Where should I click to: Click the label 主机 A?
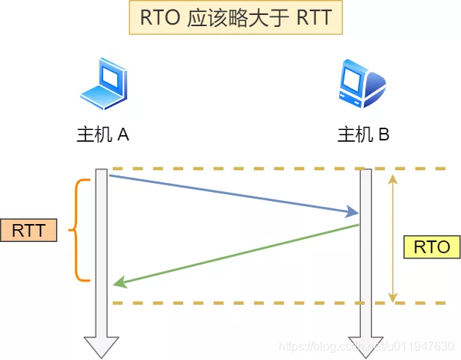pos(103,135)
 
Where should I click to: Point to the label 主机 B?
pos(363,135)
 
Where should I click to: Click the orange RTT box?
pos(28,230)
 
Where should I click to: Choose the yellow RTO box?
pos(431,247)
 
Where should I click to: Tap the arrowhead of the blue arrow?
pos(353,214)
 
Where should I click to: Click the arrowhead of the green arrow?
pos(117,283)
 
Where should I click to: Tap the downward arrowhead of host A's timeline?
pos(102,347)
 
